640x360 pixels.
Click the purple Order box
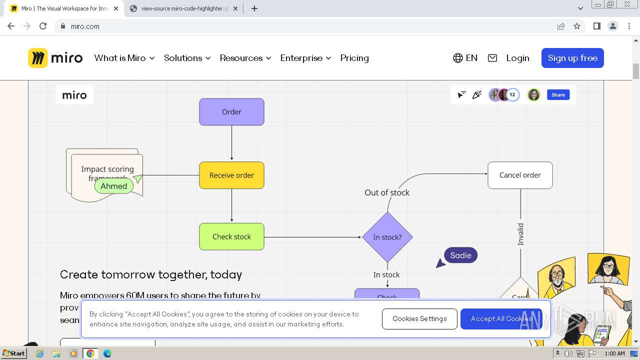click(231, 112)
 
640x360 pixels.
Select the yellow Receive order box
click(231, 175)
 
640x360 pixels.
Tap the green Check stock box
click(231, 237)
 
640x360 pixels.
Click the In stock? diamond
click(387, 237)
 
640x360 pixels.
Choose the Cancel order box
click(520, 175)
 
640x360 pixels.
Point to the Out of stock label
click(387, 192)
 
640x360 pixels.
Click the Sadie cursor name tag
click(460, 255)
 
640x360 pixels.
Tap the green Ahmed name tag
click(114, 186)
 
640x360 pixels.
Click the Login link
click(517, 58)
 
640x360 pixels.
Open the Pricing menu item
click(354, 58)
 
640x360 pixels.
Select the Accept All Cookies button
click(501, 319)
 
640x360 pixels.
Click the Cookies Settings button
click(419, 319)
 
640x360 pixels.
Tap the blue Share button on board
click(558, 95)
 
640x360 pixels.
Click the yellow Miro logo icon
click(38, 58)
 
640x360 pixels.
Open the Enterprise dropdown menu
click(305, 58)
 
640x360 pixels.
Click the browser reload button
click(43, 26)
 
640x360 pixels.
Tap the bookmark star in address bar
click(577, 26)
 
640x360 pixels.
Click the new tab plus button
click(254, 8)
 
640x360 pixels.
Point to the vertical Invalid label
click(520, 234)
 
